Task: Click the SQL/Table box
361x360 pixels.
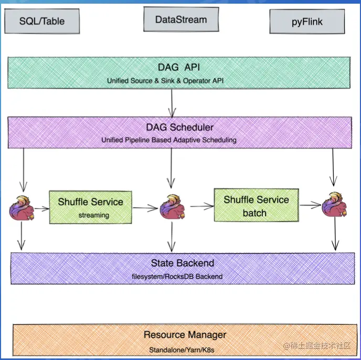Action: [x=43, y=22]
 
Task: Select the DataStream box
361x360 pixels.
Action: [x=181, y=20]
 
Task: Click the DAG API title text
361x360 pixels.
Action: [x=179, y=68]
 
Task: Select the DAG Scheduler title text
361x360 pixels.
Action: [x=179, y=127]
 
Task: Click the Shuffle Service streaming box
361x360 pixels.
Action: [x=90, y=207]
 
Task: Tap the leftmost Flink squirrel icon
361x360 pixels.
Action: [x=22, y=207]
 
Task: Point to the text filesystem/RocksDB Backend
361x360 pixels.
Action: [x=179, y=277]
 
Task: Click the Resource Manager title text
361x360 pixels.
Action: [x=185, y=334]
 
